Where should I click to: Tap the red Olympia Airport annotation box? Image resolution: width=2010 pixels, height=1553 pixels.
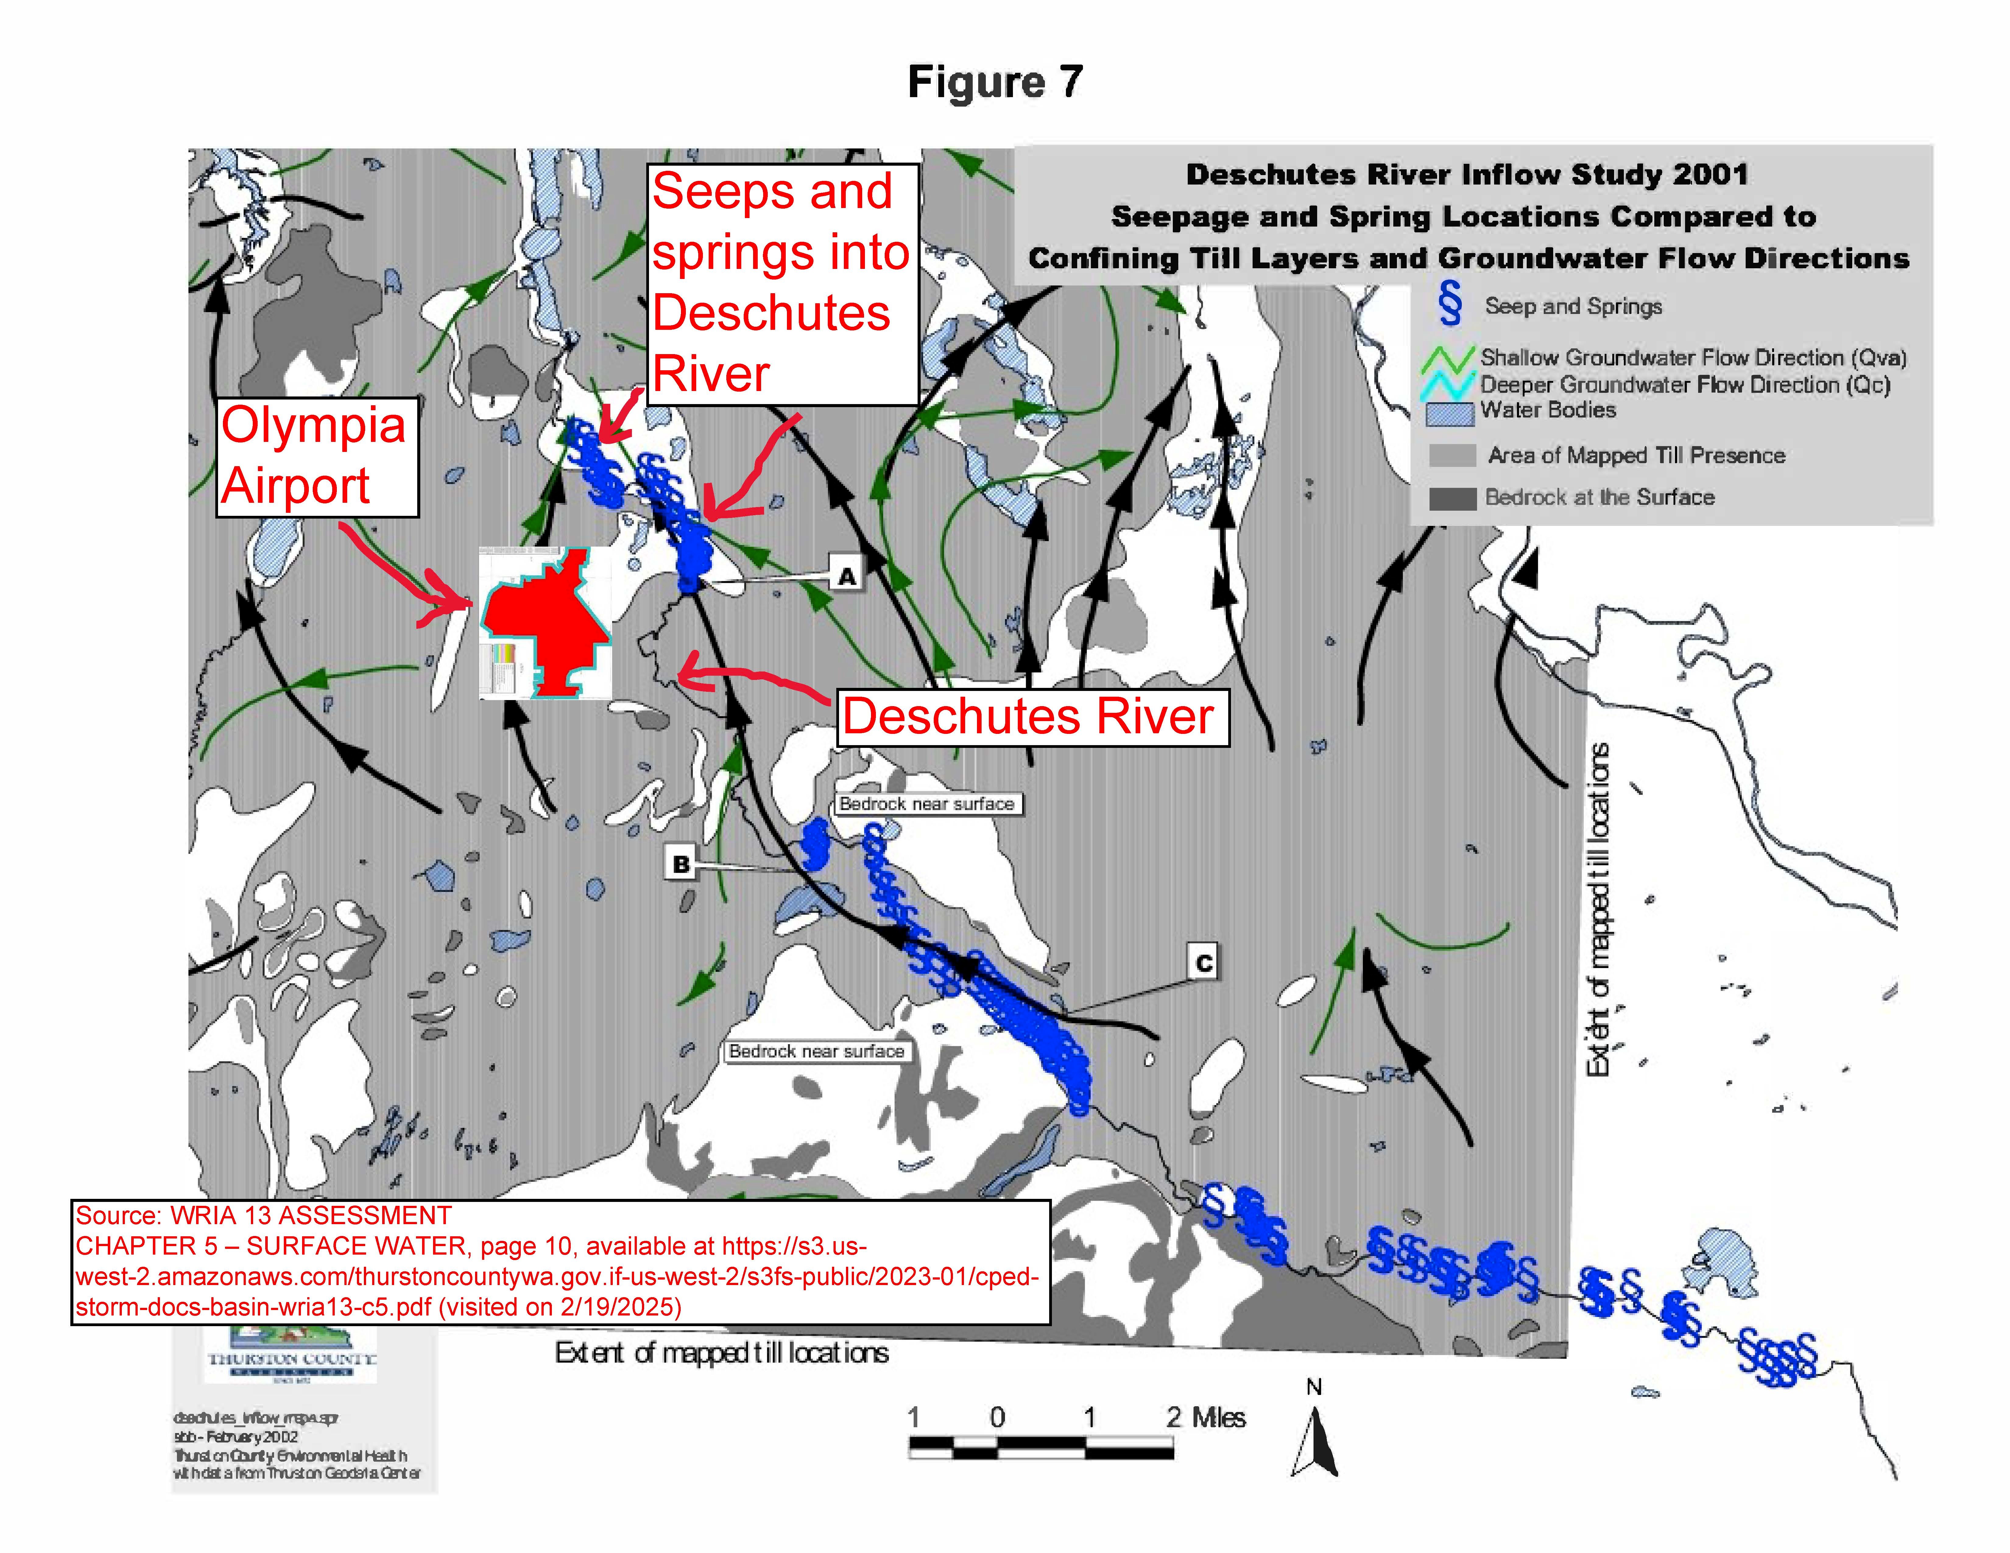(x=317, y=456)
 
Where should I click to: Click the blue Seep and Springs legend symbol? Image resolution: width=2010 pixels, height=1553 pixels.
(x=1451, y=305)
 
